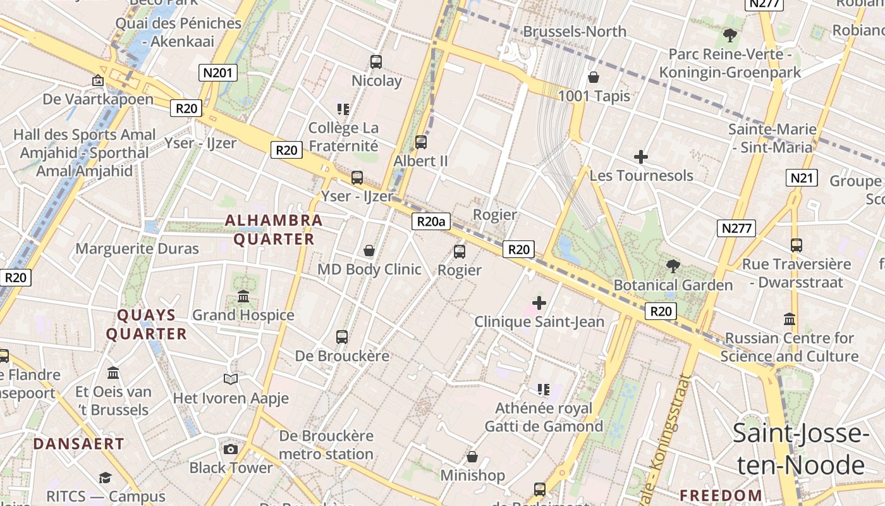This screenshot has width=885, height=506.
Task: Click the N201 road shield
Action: tap(218, 73)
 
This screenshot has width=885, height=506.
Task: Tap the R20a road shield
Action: tap(432, 221)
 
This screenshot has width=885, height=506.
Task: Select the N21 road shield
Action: tap(802, 178)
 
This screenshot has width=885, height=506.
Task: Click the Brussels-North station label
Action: tap(575, 31)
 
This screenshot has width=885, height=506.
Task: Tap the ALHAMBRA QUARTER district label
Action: tap(274, 230)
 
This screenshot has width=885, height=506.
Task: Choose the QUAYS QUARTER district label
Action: tap(146, 324)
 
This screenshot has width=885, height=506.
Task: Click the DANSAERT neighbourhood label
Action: tap(79, 444)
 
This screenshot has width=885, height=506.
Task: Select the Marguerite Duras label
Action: tap(137, 249)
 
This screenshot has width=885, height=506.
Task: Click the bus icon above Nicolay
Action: tap(376, 62)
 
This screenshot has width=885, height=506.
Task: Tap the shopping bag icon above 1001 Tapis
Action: tap(594, 78)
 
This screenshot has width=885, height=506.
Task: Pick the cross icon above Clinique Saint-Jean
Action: tap(539, 303)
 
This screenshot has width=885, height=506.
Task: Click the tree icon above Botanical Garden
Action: tap(673, 266)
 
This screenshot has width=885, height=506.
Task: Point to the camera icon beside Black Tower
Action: tap(231, 450)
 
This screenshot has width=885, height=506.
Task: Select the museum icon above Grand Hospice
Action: tap(243, 296)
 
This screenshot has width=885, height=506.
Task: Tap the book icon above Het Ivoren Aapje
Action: tap(231, 379)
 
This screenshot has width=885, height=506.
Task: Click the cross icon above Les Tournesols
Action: tap(641, 157)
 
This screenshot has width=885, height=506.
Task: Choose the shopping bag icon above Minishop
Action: tap(472, 457)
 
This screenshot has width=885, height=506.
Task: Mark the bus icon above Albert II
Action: tap(421, 142)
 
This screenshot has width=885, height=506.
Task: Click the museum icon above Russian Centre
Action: tap(789, 319)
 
